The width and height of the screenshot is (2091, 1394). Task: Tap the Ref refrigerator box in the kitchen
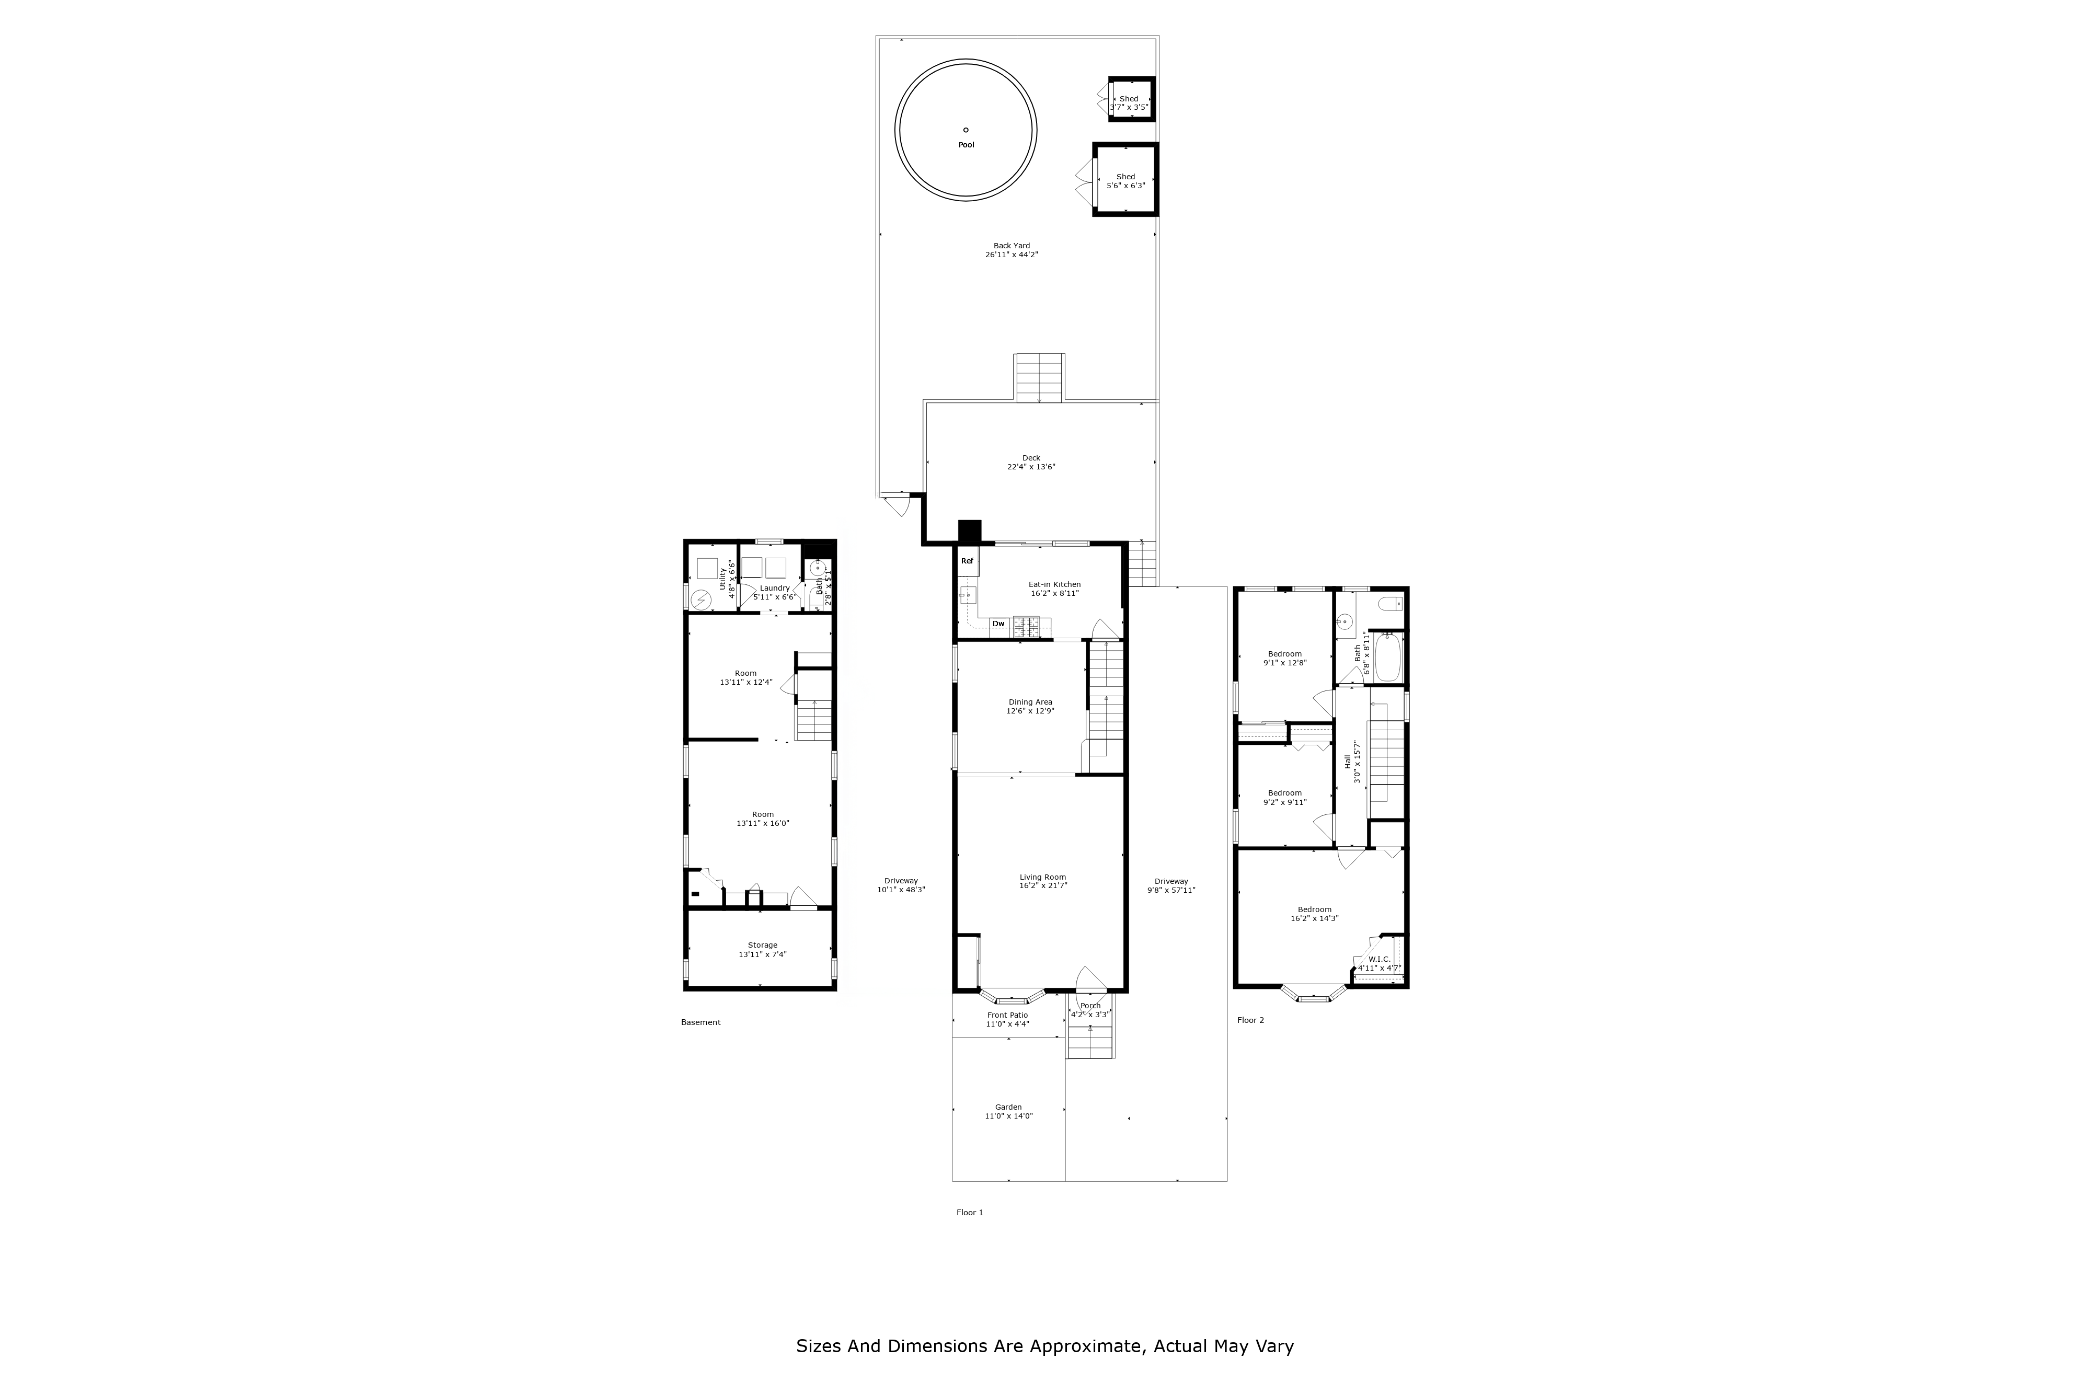click(967, 561)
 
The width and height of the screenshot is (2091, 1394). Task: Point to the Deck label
click(1030, 458)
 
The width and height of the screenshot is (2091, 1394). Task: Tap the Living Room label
click(1043, 878)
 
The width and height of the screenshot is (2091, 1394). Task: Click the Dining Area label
click(1030, 702)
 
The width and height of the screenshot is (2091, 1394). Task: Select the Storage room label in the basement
click(762, 945)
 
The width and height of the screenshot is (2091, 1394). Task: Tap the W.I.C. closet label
click(1379, 959)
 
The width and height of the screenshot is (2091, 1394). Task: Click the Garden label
click(1008, 1107)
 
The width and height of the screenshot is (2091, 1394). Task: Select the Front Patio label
click(1007, 1015)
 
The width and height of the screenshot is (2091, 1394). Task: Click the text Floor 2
click(1250, 1021)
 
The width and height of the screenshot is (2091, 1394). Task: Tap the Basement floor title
click(700, 1022)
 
